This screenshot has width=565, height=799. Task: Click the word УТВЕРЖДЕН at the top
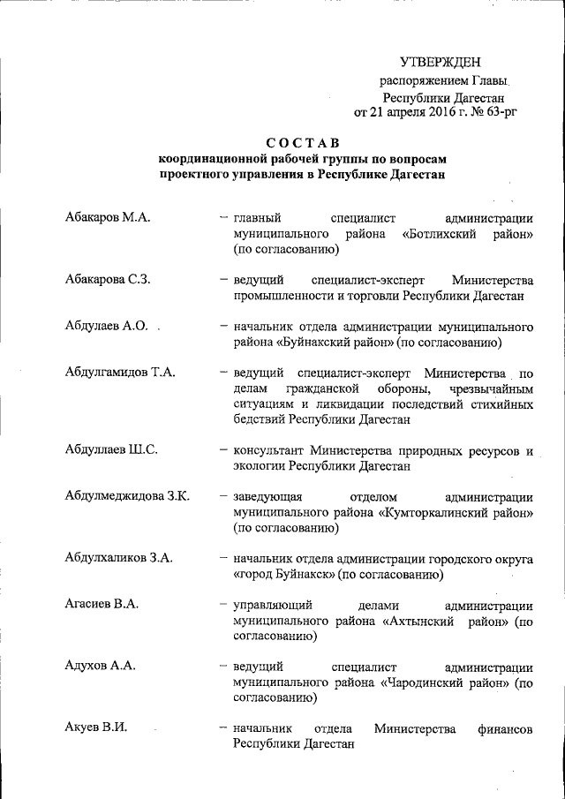(440, 62)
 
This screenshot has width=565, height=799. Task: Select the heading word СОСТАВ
(303, 144)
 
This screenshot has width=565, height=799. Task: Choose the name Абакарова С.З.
(108, 280)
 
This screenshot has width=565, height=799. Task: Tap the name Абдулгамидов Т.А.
(120, 371)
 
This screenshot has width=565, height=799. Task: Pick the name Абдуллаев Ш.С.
(111, 449)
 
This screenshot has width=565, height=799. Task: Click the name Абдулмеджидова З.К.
(127, 494)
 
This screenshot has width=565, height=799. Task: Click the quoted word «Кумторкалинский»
(433, 511)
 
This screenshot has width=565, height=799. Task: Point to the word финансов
(504, 728)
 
